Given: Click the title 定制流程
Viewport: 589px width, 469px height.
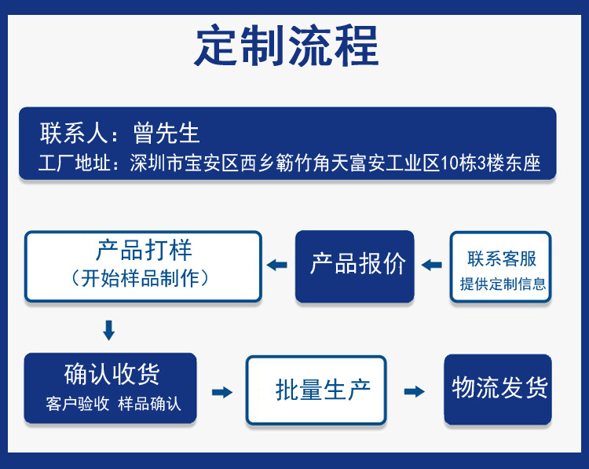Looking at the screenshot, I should pyautogui.click(x=287, y=45).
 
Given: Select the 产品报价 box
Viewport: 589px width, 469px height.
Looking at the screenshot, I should pyautogui.click(x=355, y=265).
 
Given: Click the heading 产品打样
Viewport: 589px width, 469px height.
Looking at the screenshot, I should pyautogui.click(x=144, y=251).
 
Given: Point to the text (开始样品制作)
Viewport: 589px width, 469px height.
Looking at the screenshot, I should pyautogui.click(x=144, y=278).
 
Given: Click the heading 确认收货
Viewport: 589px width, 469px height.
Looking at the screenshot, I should pyautogui.click(x=110, y=374).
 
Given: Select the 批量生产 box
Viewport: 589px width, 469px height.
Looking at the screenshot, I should pyautogui.click(x=316, y=390).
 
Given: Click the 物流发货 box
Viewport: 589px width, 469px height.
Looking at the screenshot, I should pyautogui.click(x=499, y=388).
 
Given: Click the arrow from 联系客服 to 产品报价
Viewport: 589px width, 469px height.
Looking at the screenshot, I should pyautogui.click(x=432, y=266).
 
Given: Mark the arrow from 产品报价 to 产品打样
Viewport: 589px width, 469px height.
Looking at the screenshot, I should pyautogui.click(x=276, y=266).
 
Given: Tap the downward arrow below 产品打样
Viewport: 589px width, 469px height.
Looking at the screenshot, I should pyautogui.click(x=109, y=330).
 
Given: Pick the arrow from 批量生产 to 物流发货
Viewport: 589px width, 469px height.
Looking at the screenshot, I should pyautogui.click(x=415, y=391).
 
